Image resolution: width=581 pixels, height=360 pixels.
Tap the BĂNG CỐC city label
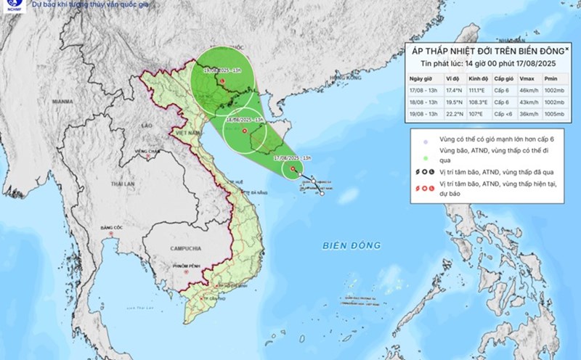tap(110, 229)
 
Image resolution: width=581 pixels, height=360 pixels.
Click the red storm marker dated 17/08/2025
tap(293, 171)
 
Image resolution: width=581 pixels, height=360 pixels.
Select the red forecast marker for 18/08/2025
tap(244, 131)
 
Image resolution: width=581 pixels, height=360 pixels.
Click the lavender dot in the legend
tap(413, 142)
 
